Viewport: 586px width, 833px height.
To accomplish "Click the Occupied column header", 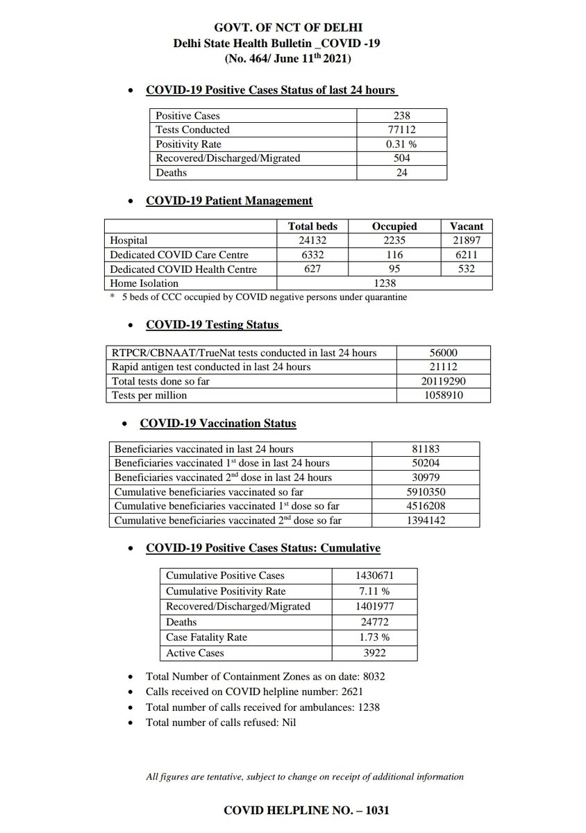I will click(x=394, y=226).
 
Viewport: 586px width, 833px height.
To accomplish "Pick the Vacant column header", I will click(x=466, y=226).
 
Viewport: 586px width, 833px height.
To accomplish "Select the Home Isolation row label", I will click(x=144, y=283).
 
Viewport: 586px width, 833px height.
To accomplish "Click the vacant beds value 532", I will click(x=466, y=269).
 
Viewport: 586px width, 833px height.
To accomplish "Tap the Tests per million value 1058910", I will click(x=444, y=396).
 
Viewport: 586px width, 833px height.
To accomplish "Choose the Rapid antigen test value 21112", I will click(x=444, y=367).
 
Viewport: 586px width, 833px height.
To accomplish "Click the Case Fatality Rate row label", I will click(x=206, y=637).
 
